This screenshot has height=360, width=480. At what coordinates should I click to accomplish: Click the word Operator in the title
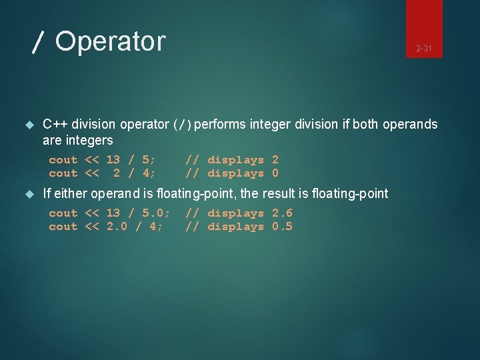point(110,41)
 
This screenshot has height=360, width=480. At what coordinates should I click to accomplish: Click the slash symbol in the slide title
point(39,43)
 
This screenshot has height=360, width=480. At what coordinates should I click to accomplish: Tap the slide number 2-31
point(424,49)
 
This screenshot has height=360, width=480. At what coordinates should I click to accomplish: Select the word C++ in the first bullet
point(55,124)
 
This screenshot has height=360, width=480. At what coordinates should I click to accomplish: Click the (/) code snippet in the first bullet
point(182,125)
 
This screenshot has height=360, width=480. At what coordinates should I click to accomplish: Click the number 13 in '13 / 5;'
point(113,160)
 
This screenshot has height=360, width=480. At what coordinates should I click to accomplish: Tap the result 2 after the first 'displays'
point(275,160)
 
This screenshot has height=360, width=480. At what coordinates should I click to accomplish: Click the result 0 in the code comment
point(275,173)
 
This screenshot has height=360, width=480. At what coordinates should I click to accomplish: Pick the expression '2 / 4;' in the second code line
point(135,173)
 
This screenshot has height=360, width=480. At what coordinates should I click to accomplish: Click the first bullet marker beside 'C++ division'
point(28,125)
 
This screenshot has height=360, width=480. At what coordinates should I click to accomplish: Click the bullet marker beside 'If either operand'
point(28,194)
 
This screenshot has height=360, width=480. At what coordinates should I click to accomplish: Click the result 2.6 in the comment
point(282,213)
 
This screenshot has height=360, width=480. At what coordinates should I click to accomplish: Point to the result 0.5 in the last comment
point(282,227)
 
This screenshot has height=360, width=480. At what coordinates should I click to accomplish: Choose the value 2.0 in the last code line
point(117,227)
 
